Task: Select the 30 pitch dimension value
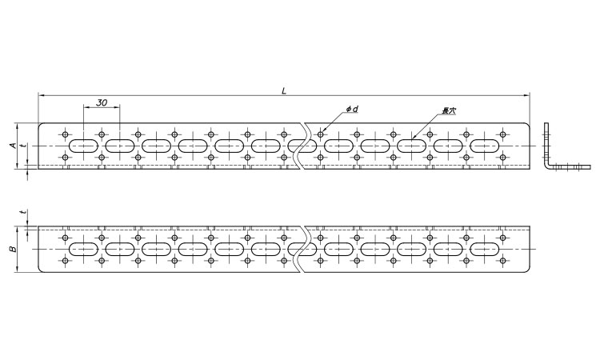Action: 102,103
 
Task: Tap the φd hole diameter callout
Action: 351,109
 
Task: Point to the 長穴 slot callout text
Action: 449,111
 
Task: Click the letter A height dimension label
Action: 11,145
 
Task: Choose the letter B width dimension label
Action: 11,250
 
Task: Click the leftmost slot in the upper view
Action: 84,146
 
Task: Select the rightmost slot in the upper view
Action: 485,146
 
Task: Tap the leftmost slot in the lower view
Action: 84,250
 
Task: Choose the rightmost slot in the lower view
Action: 485,250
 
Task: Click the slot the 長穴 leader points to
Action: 412,146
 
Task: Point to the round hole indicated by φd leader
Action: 321,134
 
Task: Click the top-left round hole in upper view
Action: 66,134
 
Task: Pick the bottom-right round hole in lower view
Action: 503,262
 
